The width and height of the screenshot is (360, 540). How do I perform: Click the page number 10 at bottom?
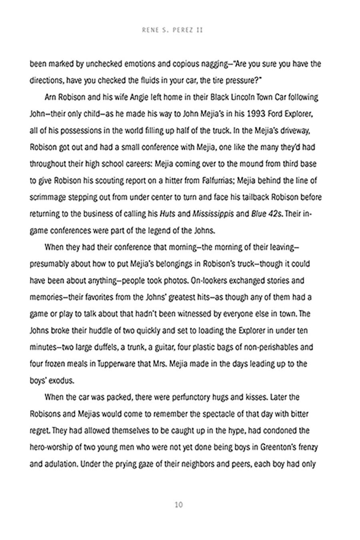tap(179, 504)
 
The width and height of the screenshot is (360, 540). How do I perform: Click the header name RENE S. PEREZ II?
tap(172, 30)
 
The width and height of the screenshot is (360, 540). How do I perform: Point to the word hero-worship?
tap(52, 448)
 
